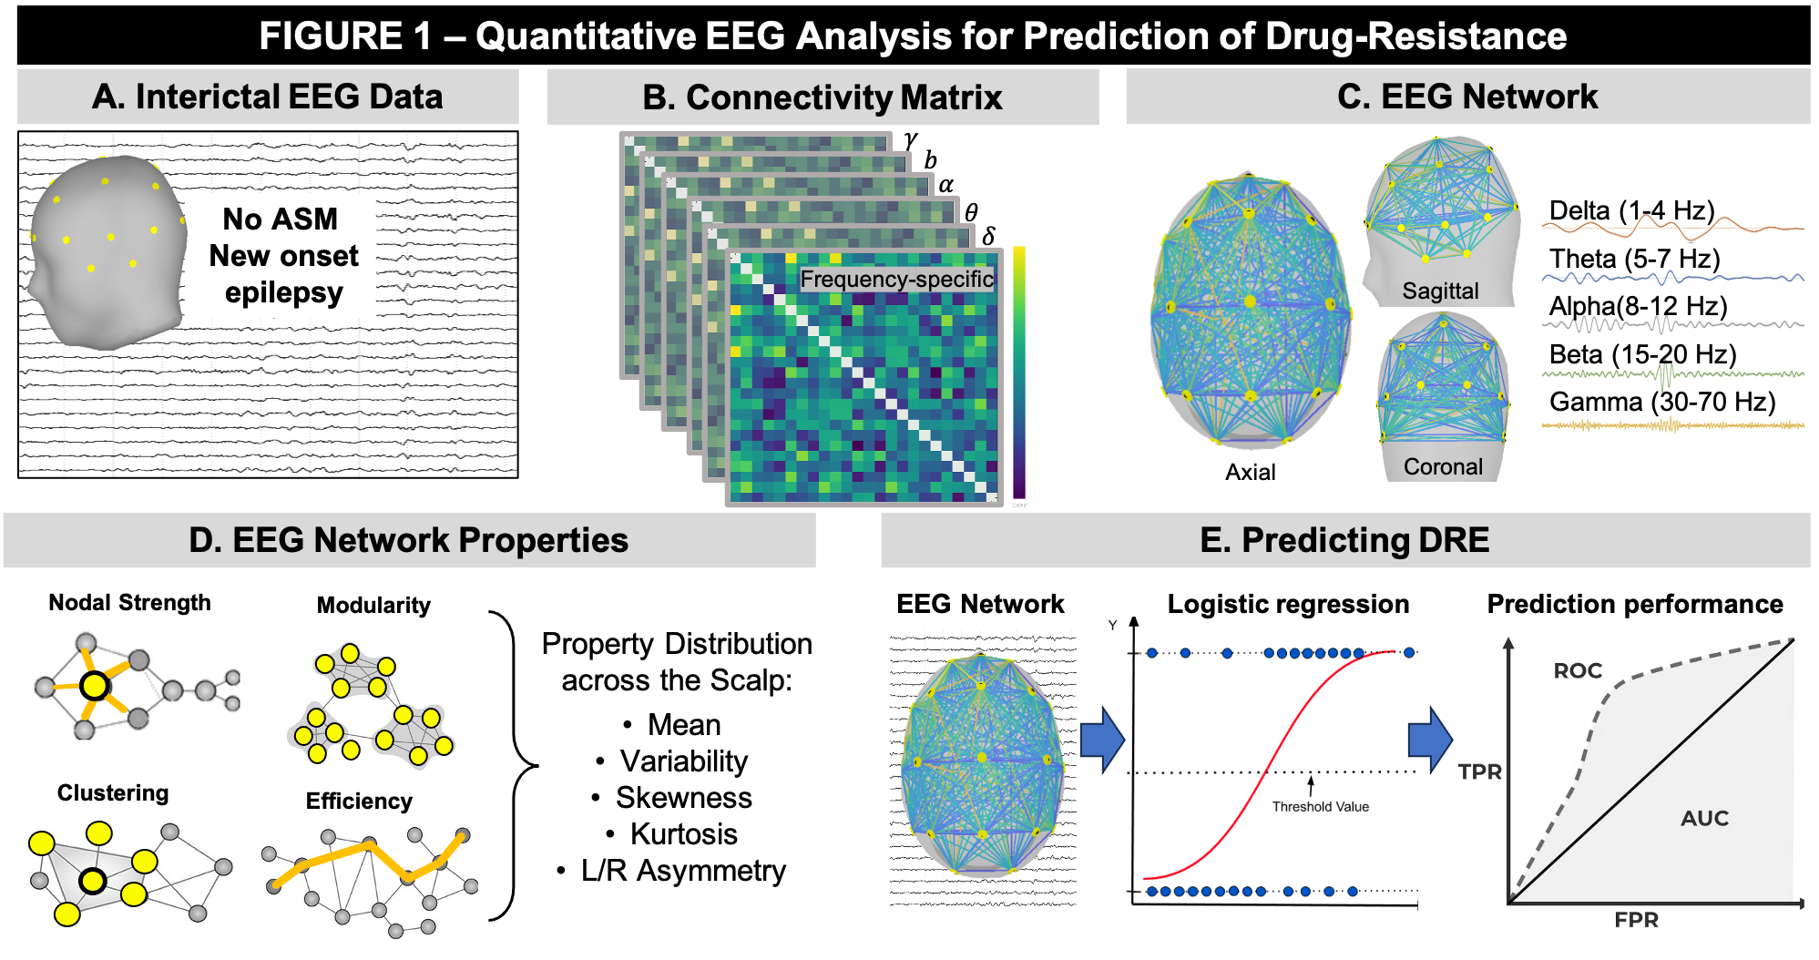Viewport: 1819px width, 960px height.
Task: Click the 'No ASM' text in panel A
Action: tap(280, 220)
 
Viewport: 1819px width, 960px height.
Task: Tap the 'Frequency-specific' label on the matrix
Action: tap(896, 279)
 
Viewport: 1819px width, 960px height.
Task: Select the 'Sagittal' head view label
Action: tap(1440, 291)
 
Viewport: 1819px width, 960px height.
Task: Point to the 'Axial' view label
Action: tap(1250, 472)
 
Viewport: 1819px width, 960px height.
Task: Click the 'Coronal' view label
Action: tap(1443, 467)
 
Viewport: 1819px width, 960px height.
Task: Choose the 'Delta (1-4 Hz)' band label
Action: tap(1631, 210)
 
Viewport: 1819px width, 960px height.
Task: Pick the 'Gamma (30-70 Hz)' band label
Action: tap(1662, 402)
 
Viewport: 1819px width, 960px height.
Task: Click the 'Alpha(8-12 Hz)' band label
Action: tap(1638, 306)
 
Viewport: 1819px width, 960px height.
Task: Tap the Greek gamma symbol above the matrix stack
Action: tap(910, 140)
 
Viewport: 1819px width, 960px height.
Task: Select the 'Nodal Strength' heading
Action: tap(129, 603)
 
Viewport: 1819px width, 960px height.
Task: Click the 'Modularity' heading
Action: tap(373, 606)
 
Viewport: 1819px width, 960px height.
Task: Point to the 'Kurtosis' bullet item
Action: tap(683, 834)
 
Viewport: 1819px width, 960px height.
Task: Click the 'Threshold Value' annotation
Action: tap(1320, 807)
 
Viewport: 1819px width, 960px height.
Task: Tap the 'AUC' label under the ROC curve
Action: tap(1704, 818)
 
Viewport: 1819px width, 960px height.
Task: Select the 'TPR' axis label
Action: tap(1479, 771)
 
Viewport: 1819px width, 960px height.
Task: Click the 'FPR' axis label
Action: tap(1636, 920)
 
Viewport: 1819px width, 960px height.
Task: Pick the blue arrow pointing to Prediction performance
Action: tap(1429, 739)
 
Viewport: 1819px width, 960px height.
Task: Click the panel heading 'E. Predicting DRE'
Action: tap(1344, 540)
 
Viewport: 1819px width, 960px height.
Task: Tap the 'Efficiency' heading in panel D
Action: tap(359, 802)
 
